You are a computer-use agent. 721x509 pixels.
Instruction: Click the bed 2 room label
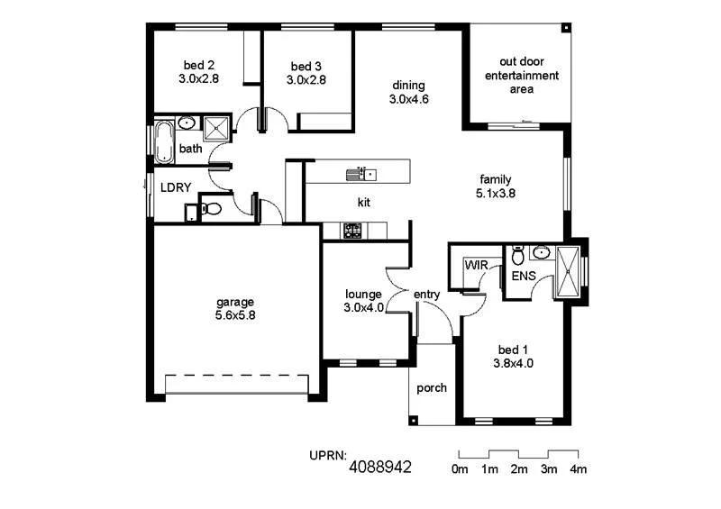[x=198, y=72]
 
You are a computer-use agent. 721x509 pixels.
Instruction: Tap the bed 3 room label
[x=306, y=73]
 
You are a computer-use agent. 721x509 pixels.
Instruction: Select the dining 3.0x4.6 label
[x=408, y=93]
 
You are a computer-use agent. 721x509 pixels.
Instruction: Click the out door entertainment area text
[x=522, y=76]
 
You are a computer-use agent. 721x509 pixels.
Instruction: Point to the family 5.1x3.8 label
[x=495, y=186]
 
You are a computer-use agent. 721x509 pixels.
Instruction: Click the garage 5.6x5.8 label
[x=234, y=309]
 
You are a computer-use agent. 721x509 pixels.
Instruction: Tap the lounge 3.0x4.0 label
[x=363, y=301]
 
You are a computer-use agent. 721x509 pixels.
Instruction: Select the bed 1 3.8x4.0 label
[x=513, y=357]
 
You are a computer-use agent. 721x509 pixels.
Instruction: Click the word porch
[x=432, y=388]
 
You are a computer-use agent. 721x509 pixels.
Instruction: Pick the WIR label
[x=475, y=266]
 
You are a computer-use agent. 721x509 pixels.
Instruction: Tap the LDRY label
[x=175, y=188]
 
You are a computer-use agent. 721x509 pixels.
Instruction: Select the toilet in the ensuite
[x=517, y=253]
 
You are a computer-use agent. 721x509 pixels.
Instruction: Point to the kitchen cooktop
[x=352, y=232]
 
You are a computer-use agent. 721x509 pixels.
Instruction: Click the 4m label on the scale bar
[x=577, y=469]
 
